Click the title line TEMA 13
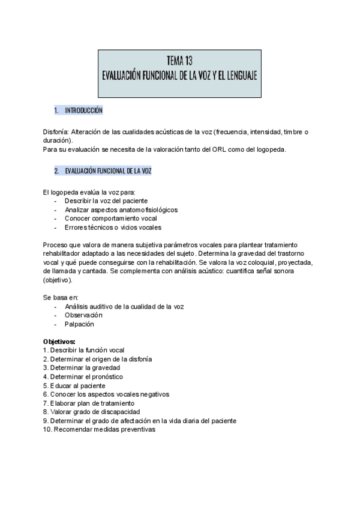180,60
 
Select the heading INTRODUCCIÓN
83,111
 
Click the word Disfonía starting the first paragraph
56,131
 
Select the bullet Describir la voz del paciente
106,200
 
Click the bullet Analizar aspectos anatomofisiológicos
121,209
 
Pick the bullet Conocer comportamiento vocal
107,218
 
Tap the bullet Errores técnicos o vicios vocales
113,227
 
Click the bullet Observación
83,315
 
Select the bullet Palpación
79,324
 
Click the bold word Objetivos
63,342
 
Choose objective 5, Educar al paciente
77,385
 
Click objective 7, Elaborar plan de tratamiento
91,403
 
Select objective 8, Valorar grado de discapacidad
94,412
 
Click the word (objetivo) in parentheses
58,280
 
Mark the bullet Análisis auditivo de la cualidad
124,306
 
